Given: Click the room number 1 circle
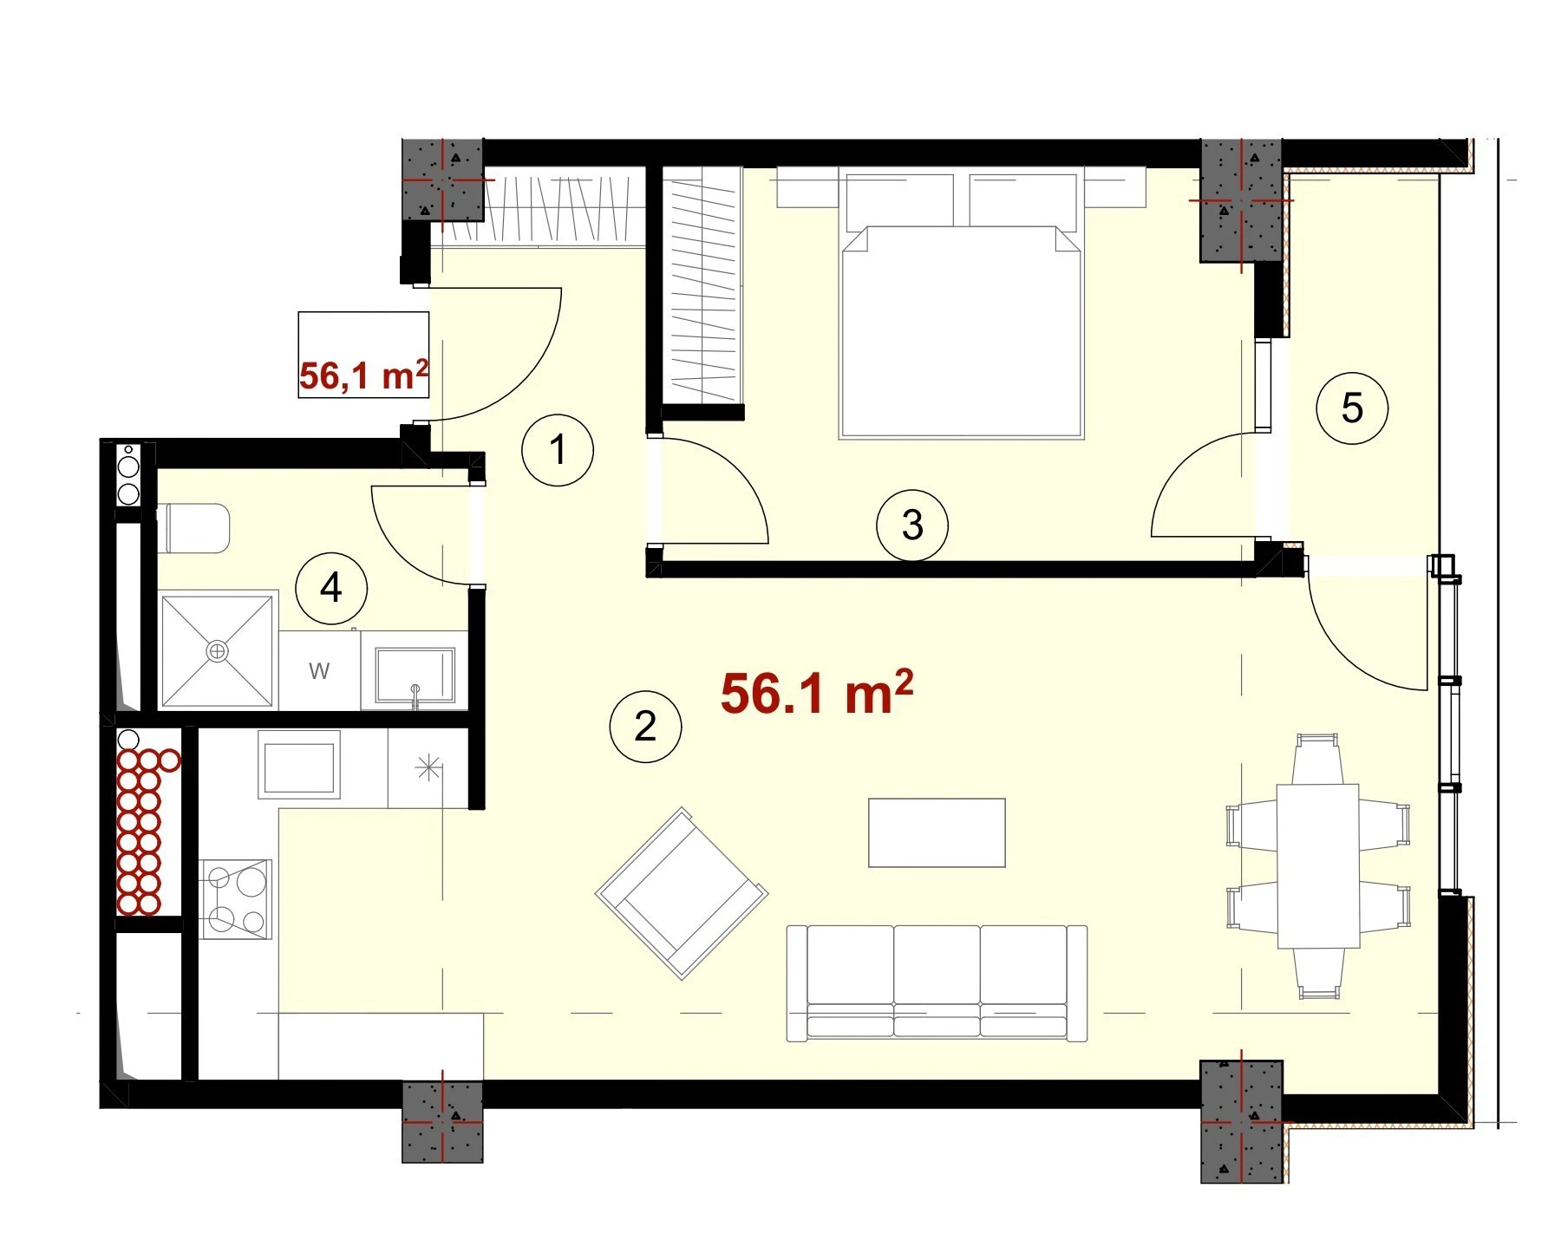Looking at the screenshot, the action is pos(558,450).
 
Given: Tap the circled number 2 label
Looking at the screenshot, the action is pos(645,727).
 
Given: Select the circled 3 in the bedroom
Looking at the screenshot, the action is pos(912,525).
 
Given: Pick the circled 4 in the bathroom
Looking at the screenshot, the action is pos(331,589).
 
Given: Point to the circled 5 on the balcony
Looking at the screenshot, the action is pos(1352,408).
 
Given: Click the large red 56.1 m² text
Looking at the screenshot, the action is pos(817,693).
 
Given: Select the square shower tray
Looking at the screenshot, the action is pos(218,650).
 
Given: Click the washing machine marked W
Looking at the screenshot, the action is pos(319,670).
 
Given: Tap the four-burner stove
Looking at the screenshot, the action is pos(235,899).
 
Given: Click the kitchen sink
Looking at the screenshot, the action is pos(299,764).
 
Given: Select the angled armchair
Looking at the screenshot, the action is pos(682,893).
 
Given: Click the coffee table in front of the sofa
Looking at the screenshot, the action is pos(937,832).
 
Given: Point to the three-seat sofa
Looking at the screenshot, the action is pos(937,982).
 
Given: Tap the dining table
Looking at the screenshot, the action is pos(1318,866).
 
